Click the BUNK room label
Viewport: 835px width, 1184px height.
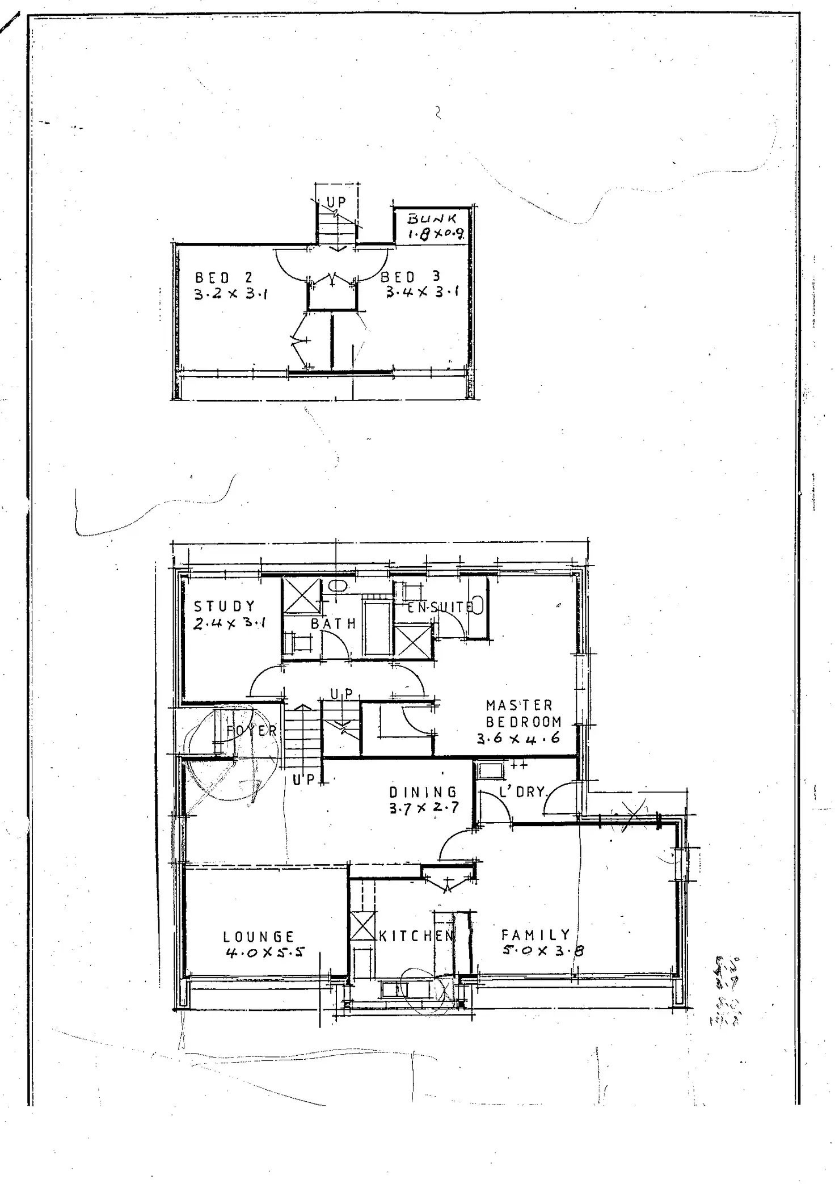[x=432, y=218]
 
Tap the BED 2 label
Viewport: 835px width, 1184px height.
[x=223, y=277]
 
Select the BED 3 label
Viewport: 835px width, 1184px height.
[x=410, y=277]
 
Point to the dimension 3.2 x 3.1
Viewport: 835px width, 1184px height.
[x=231, y=294]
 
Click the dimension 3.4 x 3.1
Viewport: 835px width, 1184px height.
[x=423, y=292]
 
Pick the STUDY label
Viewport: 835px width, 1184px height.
[x=225, y=606]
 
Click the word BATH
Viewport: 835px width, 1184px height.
[x=334, y=623]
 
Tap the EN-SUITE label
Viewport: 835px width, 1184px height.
[x=440, y=607]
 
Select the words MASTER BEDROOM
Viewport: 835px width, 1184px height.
[x=523, y=713]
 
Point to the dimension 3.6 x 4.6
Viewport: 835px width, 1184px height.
[x=518, y=738]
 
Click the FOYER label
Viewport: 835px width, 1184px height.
[x=251, y=731]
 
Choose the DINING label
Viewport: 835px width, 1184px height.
[x=423, y=791]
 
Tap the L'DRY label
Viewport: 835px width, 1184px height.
[x=522, y=791]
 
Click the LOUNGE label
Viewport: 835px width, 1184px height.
[x=259, y=937]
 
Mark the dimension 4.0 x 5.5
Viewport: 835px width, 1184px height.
[x=265, y=953]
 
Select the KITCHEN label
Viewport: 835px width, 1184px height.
[x=416, y=936]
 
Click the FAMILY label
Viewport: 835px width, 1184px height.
[x=535, y=934]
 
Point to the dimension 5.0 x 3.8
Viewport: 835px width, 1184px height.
[x=543, y=950]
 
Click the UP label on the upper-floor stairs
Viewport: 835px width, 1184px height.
[x=336, y=203]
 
